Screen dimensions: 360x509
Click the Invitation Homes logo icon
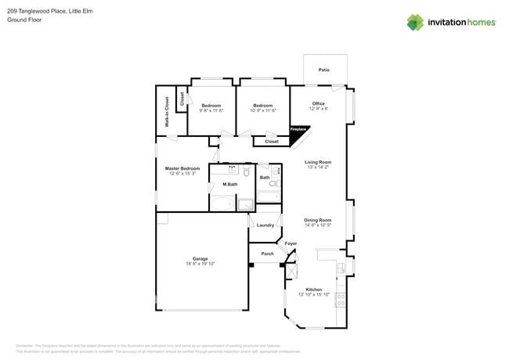(415, 23)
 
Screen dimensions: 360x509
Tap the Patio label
(324, 70)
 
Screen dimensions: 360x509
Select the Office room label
(318, 103)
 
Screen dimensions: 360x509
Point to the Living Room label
(318, 162)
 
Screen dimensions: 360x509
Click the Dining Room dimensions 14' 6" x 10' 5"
(318, 225)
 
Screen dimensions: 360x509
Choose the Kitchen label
(314, 290)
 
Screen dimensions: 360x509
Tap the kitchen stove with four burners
(341, 299)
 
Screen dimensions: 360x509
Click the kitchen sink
(341, 268)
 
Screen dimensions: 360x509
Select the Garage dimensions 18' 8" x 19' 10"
(200, 264)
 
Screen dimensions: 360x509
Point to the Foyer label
(291, 243)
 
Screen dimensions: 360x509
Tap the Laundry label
(265, 225)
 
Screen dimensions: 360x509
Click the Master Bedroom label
(182, 168)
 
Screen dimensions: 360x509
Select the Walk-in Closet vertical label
(167, 112)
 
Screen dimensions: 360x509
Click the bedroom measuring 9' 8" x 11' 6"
(211, 108)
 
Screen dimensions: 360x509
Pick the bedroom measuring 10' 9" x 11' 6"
(263, 108)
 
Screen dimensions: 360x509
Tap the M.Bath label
(230, 184)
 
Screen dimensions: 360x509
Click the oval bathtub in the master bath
(222, 204)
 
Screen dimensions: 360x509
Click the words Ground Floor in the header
(24, 20)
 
